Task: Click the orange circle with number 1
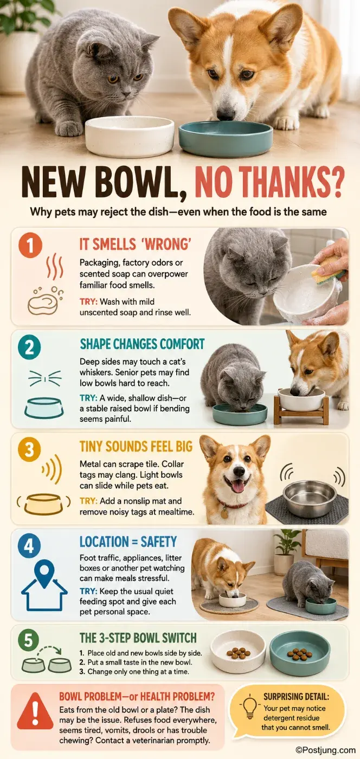pos(30,245)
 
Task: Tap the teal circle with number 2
pos(29,348)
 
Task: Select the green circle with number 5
pos(29,640)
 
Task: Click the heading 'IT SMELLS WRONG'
pos(136,245)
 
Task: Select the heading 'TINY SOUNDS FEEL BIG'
pos(136,446)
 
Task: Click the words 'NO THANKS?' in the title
pos(269,183)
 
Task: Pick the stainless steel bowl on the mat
pos(310,498)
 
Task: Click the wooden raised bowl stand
pos(301,411)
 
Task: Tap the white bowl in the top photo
pos(130,136)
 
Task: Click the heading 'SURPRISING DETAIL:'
pos(296,697)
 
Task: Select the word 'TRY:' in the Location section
pos(88,591)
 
